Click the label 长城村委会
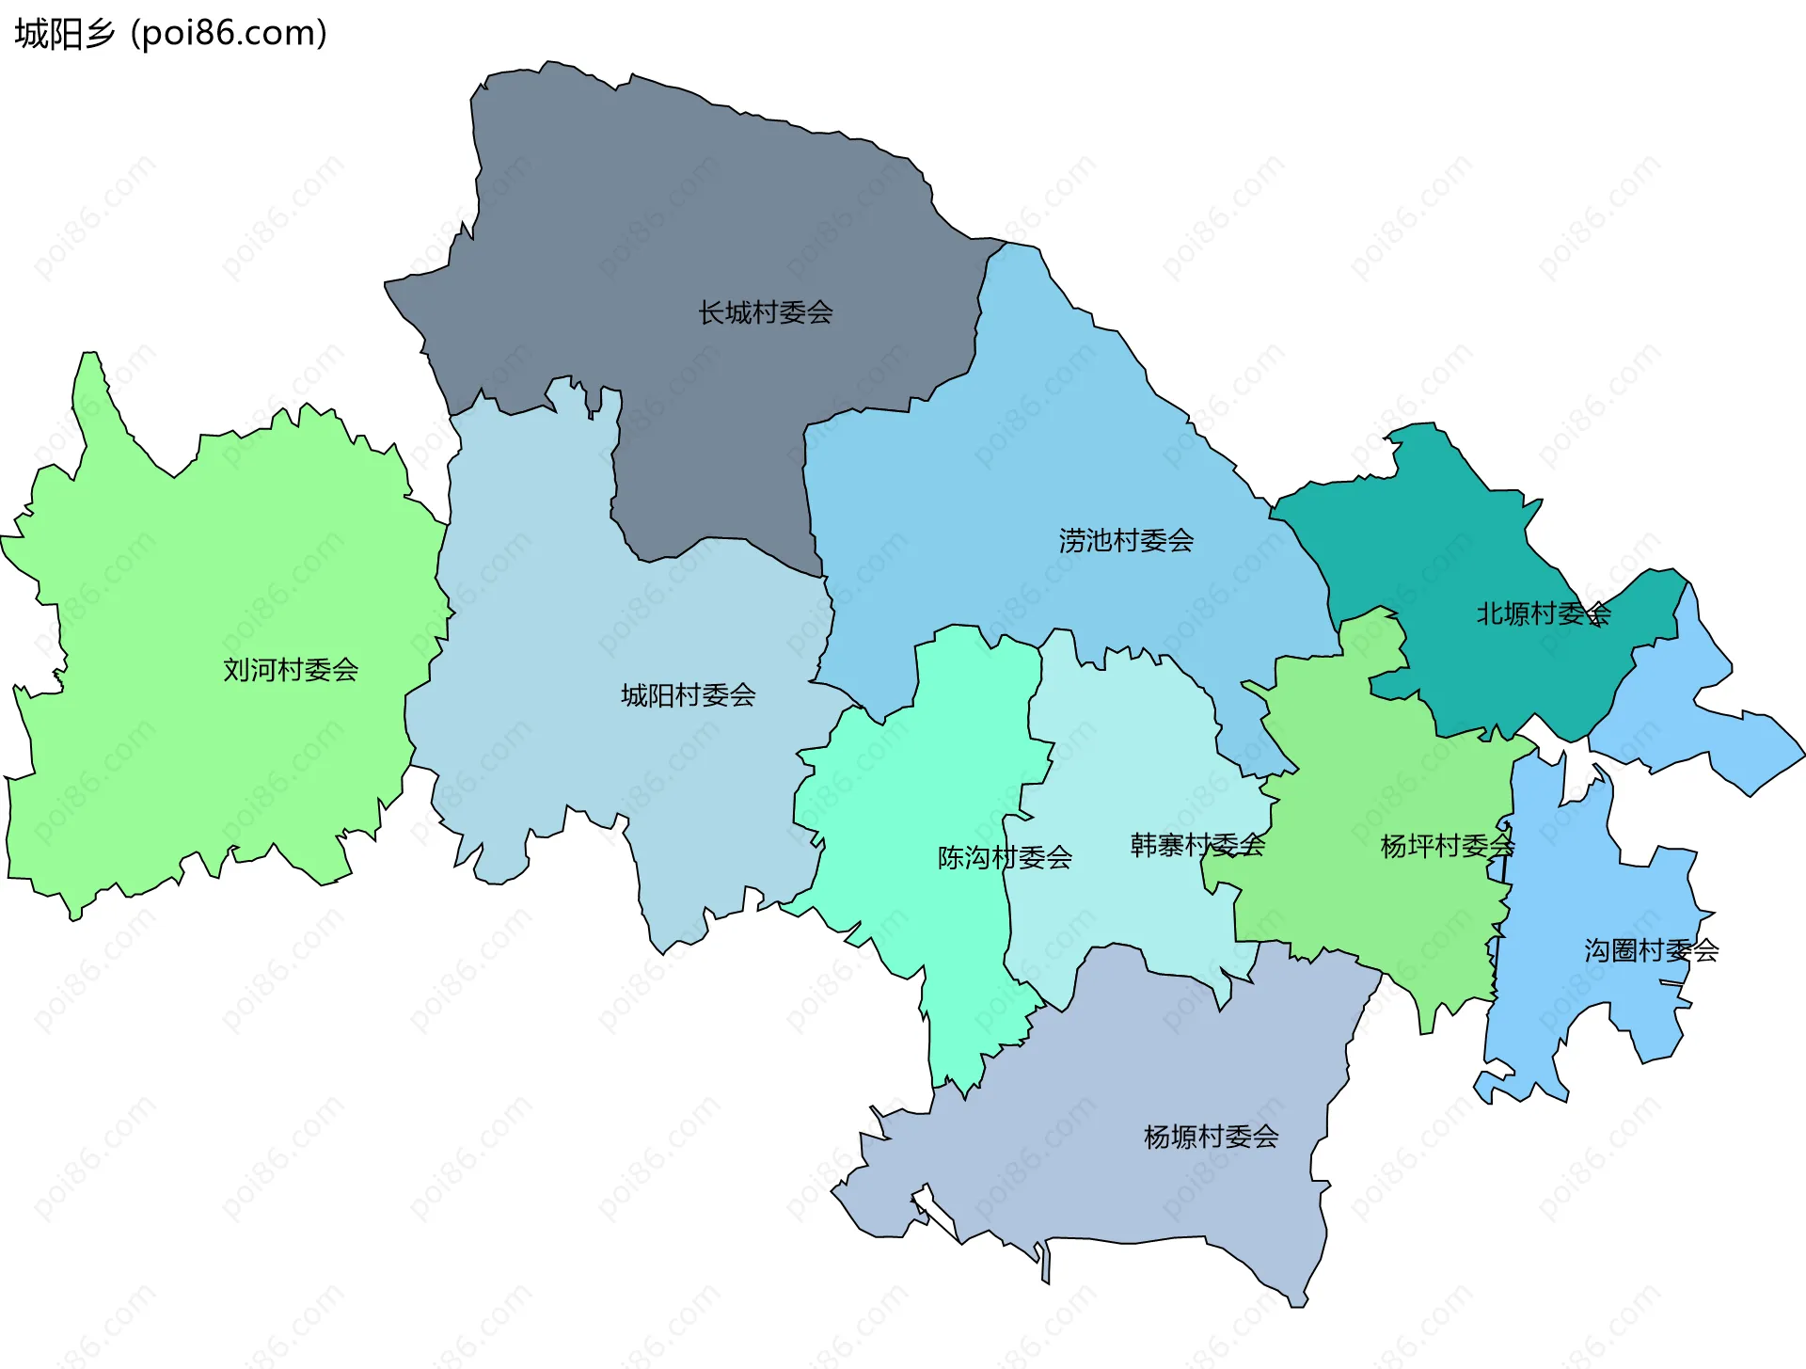click(765, 312)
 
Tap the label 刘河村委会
click(291, 670)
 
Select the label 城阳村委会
click(688, 695)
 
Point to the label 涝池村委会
click(1126, 540)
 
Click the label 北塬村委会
click(1543, 614)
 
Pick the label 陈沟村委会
click(1005, 857)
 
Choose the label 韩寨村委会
click(1196, 845)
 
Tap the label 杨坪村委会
click(1447, 846)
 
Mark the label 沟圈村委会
click(1651, 950)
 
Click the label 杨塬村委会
click(1211, 1137)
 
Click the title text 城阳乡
click(64, 34)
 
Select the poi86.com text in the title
click(230, 34)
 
